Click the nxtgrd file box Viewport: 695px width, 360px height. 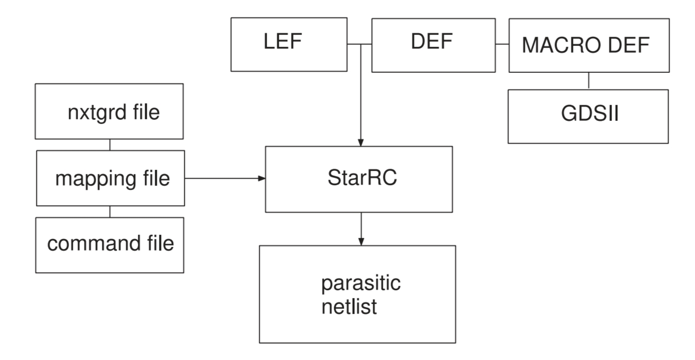(109, 111)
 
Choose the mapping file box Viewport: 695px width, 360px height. (109, 178)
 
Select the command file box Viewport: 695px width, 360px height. (109, 244)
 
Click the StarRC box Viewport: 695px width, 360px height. (359, 179)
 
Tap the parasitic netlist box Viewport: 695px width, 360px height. (356, 294)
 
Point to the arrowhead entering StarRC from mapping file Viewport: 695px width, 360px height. (261, 178)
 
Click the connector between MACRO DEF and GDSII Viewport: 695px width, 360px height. (589, 81)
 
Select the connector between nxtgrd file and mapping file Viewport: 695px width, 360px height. (109, 145)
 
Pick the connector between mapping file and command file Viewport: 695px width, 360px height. (109, 211)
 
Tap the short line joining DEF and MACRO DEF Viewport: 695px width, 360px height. (502, 44)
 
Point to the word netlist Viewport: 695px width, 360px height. (349, 306)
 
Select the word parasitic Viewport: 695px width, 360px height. (361, 283)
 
